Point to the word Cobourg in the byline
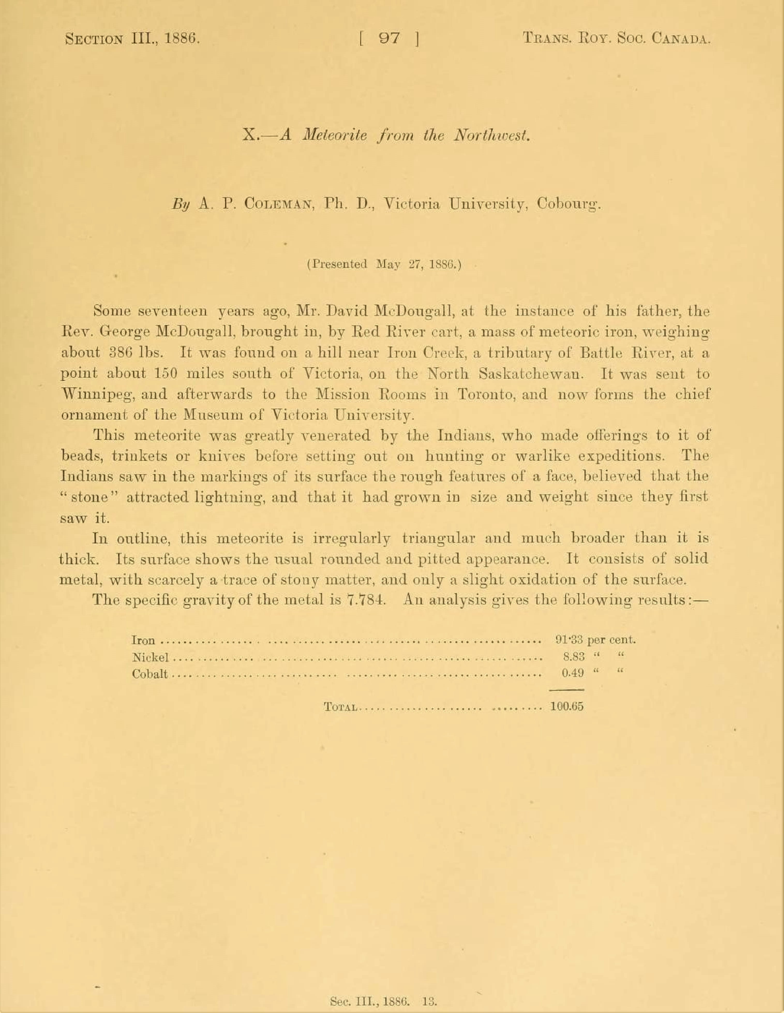(569, 204)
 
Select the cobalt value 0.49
(573, 673)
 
